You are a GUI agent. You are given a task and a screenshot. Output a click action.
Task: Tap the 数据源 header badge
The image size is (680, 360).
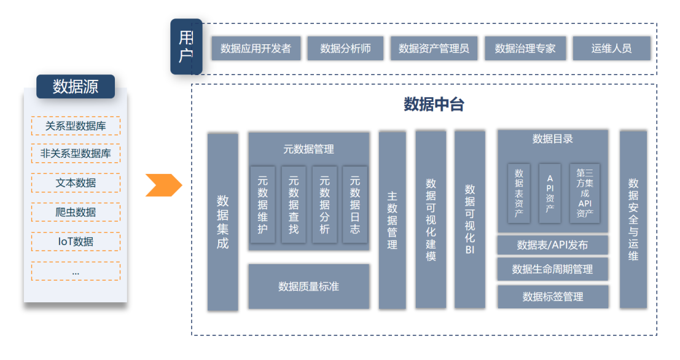pos(76,87)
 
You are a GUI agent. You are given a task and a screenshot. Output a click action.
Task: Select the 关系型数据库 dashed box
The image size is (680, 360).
pos(76,126)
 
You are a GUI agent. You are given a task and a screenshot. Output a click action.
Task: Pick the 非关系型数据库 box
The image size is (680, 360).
pos(76,154)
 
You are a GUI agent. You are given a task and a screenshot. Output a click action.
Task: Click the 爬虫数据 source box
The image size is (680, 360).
pos(76,212)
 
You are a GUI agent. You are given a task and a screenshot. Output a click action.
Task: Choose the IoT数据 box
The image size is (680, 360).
pos(76,241)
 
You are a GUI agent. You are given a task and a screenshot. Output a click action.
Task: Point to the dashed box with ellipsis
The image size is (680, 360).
pos(76,271)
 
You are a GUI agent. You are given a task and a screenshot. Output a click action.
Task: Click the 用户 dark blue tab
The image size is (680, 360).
pos(186,47)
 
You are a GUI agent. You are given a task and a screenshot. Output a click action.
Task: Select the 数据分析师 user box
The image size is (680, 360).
pos(345,49)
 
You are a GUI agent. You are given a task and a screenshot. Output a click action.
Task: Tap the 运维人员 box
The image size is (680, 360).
pos(611,49)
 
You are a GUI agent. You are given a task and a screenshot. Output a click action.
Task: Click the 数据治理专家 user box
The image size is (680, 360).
pos(525,49)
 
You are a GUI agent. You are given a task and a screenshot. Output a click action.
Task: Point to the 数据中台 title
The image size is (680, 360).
pos(434,104)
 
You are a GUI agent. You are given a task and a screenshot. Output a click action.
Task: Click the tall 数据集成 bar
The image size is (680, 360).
pos(222,222)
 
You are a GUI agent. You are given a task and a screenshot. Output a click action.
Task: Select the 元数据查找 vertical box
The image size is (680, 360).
pos(294,205)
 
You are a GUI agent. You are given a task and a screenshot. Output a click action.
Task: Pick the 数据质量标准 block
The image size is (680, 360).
pos(308,286)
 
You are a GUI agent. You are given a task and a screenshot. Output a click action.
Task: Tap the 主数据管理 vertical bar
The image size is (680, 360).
pos(392,220)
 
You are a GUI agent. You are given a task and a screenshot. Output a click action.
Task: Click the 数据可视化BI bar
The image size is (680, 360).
pos(470,219)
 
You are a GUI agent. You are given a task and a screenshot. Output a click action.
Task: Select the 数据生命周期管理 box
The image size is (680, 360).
pos(552,269)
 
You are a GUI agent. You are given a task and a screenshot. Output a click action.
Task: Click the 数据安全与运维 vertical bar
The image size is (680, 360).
pos(633,219)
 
